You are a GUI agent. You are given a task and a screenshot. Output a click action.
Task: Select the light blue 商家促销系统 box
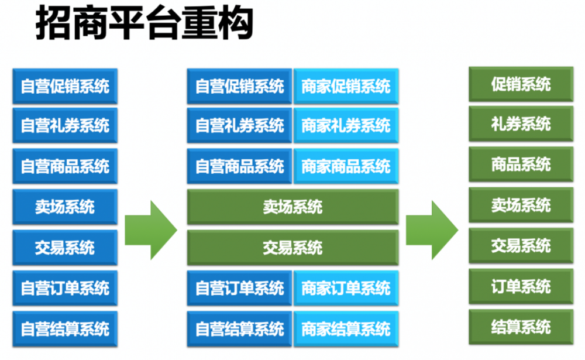tap(346, 86)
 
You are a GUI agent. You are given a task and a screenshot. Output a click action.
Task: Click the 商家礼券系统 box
tap(346, 125)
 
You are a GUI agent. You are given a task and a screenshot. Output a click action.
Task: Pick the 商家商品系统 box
tap(346, 166)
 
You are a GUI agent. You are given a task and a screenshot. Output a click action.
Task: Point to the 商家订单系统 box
tap(346, 288)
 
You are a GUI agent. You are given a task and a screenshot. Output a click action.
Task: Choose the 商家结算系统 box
tap(346, 328)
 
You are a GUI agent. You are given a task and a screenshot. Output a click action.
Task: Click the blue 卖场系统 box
tap(65, 206)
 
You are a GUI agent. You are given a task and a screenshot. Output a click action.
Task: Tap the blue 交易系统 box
tap(65, 247)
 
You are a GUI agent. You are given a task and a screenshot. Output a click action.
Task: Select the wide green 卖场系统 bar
tap(292, 207)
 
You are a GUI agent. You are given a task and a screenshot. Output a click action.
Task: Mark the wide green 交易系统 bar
tap(292, 247)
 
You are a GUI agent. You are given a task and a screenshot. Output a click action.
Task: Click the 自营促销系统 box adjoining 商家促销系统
tap(239, 86)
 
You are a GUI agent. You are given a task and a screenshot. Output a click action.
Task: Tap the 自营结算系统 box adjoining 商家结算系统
tap(239, 328)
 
